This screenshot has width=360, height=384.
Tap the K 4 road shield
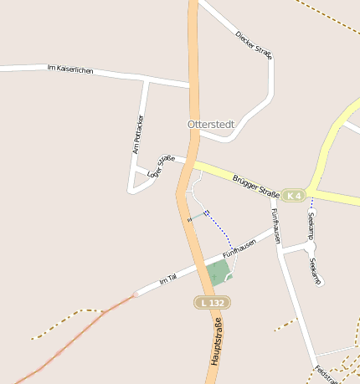pyautogui.click(x=292, y=195)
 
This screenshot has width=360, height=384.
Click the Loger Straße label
pyautogui.click(x=162, y=166)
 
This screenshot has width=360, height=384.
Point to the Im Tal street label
pyautogui.click(x=167, y=278)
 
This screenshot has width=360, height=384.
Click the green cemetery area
pyautogui.click(x=218, y=272)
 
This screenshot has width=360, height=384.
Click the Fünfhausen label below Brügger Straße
pyautogui.click(x=275, y=219)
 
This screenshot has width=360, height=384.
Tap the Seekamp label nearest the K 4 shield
pyautogui.click(x=311, y=225)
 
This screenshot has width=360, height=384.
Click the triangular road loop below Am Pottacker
pyautogui.click(x=137, y=180)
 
